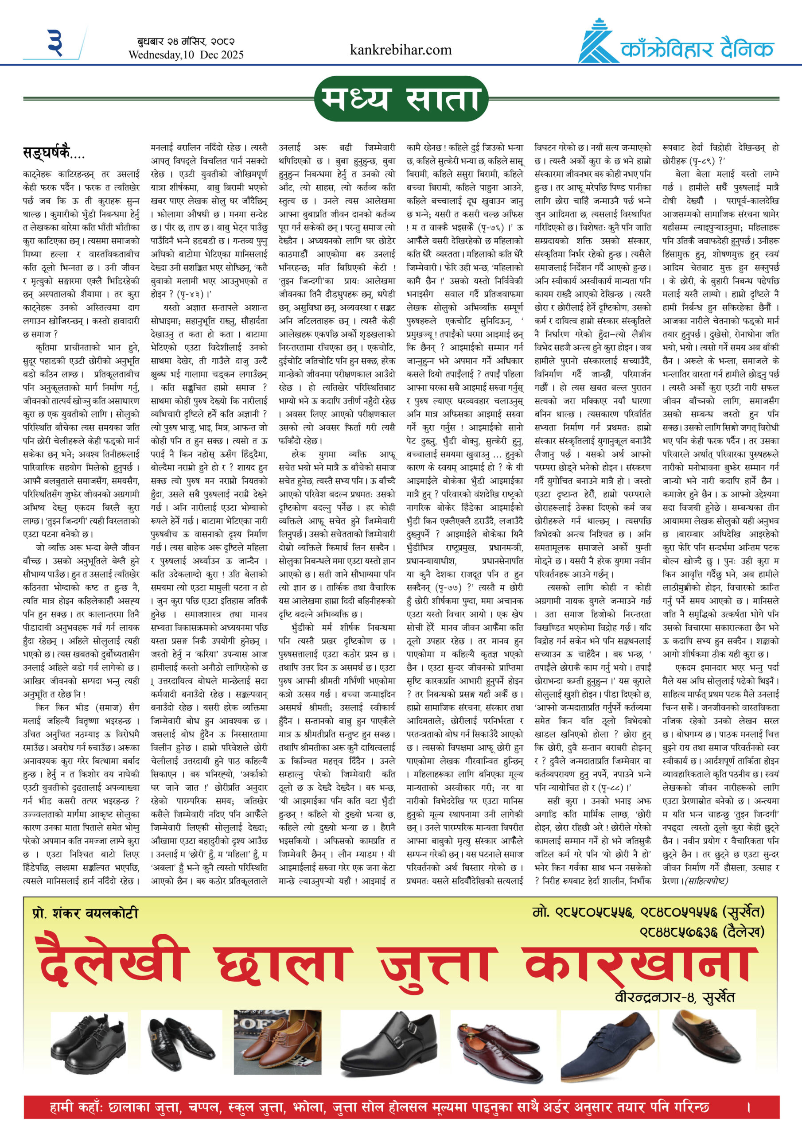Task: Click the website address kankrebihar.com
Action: coord(400,50)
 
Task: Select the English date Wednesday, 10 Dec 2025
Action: coord(186,55)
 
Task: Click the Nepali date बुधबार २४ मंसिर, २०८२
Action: coord(186,42)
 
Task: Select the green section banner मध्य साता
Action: coord(401,98)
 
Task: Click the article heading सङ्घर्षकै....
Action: coord(53,153)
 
